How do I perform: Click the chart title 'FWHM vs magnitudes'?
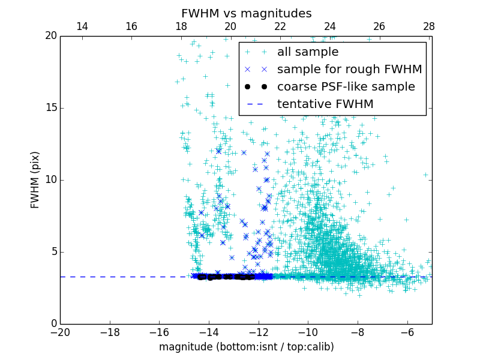[246, 13]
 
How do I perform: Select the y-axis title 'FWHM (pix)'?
[35, 180]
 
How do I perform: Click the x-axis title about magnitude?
[246, 347]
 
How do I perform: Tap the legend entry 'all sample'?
[307, 52]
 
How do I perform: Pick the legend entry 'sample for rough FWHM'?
[349, 70]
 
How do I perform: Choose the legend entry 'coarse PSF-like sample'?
[346, 87]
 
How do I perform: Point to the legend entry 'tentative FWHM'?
[325, 104]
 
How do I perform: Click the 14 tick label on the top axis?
[82, 26]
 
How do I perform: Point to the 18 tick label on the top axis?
[181, 26]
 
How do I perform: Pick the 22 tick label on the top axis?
[280, 26]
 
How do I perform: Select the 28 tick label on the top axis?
[429, 26]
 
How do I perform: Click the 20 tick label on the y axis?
[50, 36]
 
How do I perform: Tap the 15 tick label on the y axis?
[50, 108]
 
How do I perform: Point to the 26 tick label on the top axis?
[379, 26]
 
